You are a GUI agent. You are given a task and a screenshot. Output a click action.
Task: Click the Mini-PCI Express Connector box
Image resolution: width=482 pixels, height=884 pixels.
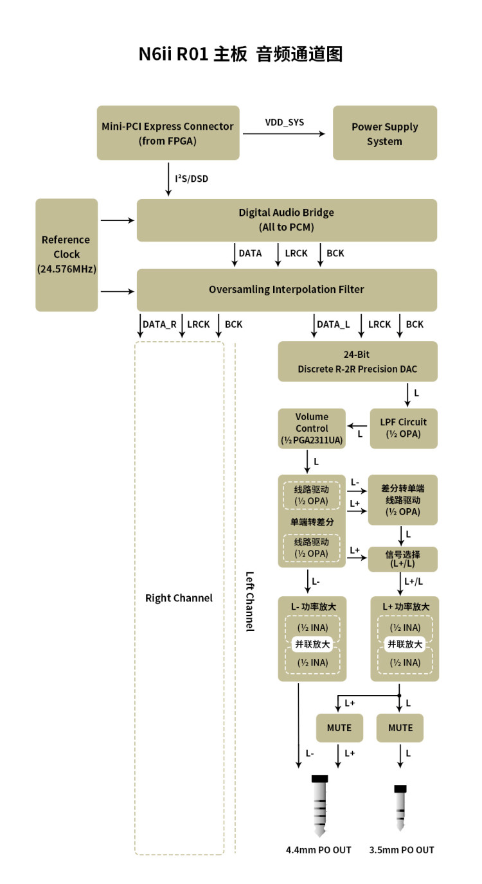pos(168,133)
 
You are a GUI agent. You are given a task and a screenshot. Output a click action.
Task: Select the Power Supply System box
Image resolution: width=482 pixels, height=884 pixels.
pos(384,133)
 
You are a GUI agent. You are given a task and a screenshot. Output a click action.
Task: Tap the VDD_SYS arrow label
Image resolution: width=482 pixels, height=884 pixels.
pos(285,122)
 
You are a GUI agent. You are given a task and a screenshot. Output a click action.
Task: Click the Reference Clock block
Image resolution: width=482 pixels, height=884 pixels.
pos(66,254)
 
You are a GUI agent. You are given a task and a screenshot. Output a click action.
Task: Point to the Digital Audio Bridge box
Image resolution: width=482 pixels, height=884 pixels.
pos(287,220)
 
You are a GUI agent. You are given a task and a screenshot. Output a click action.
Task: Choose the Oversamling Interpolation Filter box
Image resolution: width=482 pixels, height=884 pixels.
pos(287,290)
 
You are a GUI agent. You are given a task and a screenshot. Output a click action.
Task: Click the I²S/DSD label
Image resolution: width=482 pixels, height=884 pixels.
pos(192,178)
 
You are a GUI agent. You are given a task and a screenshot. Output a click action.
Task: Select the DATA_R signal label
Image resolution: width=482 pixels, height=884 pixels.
pos(159,324)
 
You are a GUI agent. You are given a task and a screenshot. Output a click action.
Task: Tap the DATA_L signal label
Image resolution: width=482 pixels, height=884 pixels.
pos(333,324)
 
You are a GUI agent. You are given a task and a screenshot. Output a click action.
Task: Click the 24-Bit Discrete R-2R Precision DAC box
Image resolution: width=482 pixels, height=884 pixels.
pos(358,361)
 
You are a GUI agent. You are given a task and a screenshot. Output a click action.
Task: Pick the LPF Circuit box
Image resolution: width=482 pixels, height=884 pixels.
pos(404,428)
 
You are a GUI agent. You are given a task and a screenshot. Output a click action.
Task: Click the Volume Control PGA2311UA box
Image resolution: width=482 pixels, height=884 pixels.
pos(312,429)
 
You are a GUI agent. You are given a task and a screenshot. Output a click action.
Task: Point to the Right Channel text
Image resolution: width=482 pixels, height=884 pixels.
pos(179,598)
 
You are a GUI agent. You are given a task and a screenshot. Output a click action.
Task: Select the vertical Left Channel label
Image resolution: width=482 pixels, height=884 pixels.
pos(249,601)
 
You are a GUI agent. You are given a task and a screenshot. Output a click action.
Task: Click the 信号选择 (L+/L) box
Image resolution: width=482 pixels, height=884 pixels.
pos(402,559)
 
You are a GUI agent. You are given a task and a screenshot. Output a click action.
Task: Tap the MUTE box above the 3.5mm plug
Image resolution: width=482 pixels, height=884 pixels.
pos(400,728)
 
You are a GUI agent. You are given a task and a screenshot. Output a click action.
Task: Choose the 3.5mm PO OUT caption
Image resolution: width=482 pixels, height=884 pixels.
pos(402,850)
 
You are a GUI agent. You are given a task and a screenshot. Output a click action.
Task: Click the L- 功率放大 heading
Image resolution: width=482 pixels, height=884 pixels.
pos(313,606)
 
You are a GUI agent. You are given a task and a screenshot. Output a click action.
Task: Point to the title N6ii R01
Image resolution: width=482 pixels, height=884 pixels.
pos(174,54)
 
